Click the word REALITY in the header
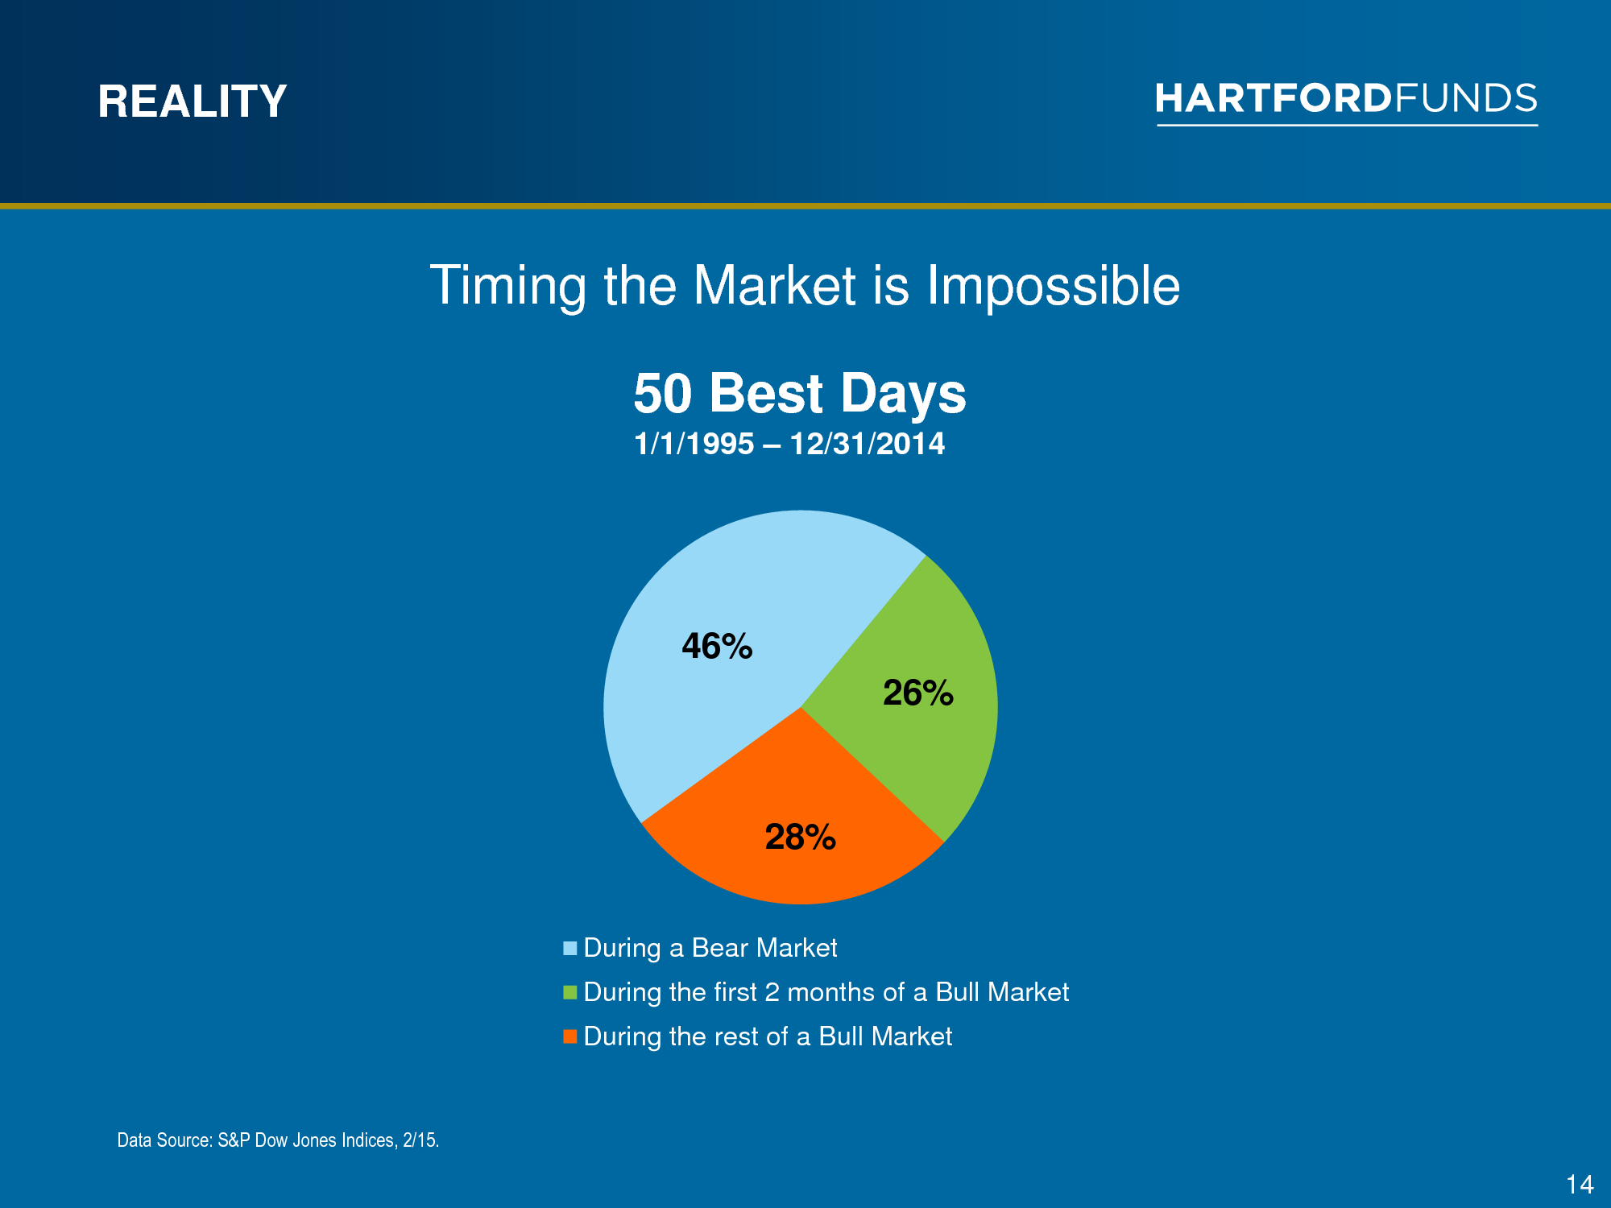193,101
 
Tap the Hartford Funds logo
1347,103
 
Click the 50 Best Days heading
800,394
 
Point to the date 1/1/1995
694,444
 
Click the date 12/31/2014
868,444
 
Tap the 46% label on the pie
717,646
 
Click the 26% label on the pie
918,693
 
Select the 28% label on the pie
801,837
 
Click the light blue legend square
570,948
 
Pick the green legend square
570,992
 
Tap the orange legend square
570,1036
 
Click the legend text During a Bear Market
710,948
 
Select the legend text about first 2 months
826,992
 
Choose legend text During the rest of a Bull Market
768,1036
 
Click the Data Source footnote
278,1140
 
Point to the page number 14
1580,1185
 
